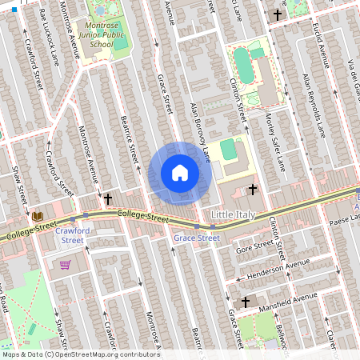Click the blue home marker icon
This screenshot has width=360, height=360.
180,173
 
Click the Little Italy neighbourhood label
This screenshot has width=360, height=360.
237,215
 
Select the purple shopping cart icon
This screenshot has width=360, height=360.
65,264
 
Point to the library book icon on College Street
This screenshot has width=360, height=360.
37,216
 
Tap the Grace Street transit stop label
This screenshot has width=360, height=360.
197,238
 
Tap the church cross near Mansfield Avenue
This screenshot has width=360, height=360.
246,302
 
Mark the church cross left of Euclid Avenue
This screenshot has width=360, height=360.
278,14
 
